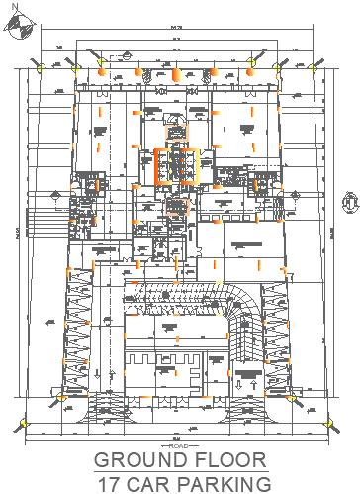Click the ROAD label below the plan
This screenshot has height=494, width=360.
tap(178, 446)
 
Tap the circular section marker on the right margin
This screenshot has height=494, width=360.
tap(348, 201)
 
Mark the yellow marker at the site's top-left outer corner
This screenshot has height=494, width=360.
tap(40, 65)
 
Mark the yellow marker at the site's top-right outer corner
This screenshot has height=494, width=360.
tap(316, 65)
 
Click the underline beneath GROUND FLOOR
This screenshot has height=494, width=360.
tap(180, 471)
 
